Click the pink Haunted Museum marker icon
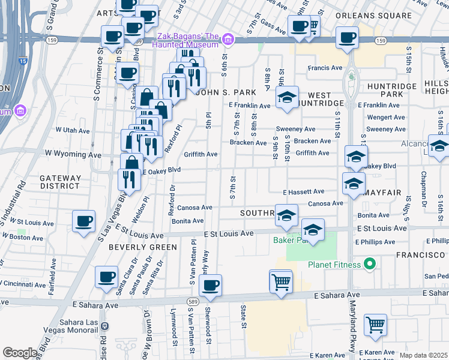coord(228,40)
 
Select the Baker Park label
coord(290,240)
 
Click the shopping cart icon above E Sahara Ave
coord(281,281)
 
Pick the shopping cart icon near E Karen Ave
coord(375,325)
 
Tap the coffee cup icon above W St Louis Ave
coord(83,220)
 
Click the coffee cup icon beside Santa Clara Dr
coord(107,277)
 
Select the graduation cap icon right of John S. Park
coord(288,97)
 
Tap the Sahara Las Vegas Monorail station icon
coord(105,326)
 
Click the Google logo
coord(20,353)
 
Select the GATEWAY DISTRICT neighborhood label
coord(60,182)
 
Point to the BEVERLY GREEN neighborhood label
coord(143,247)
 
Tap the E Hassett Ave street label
coord(304,191)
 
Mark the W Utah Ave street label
coord(72,130)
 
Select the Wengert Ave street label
coord(385,118)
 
